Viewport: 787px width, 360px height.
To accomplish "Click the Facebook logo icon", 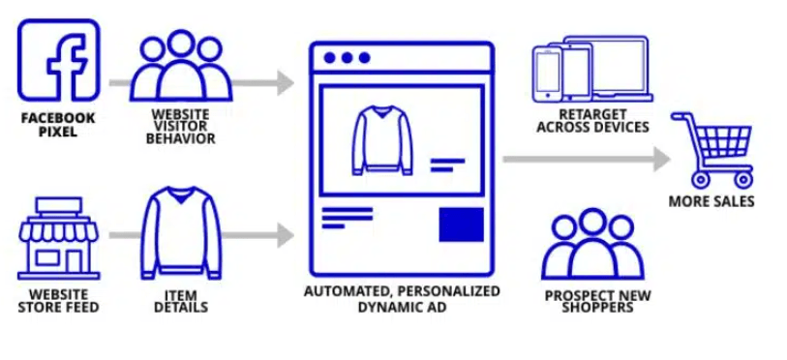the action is [59, 60].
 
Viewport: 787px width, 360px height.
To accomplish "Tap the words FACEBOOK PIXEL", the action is [58, 125].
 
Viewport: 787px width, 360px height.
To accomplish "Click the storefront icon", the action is [59, 238].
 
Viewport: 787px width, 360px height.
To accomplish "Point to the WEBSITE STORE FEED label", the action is [58, 301].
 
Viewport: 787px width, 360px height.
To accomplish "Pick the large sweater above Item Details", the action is [181, 232].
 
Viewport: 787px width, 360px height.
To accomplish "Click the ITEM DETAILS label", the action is [181, 301].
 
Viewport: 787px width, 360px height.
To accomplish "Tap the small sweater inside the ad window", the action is [382, 140].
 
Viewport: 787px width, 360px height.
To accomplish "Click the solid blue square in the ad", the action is [461, 225].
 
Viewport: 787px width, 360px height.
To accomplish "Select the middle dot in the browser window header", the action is [347, 58].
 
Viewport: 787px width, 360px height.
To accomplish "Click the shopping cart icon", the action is [712, 150].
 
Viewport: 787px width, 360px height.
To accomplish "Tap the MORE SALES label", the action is [711, 201].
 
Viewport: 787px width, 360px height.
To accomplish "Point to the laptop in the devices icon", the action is [608, 68].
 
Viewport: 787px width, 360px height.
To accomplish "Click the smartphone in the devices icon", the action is [547, 74].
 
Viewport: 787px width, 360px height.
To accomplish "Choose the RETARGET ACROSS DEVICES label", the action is [592, 121].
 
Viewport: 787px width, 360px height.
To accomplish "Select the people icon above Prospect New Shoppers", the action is [592, 245].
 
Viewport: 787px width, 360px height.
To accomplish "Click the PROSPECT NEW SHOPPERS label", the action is [596, 301].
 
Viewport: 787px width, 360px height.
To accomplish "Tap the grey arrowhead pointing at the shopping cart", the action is [662, 159].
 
